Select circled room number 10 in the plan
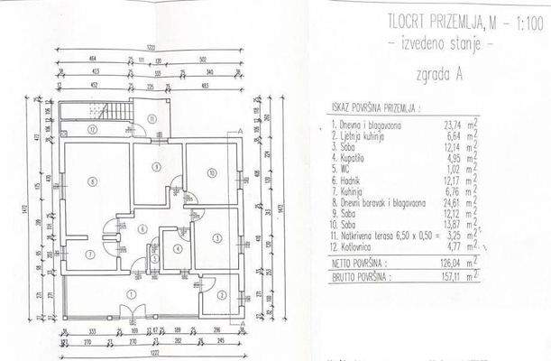point(209,172)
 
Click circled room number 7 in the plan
point(88,254)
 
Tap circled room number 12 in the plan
point(93,129)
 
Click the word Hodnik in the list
point(351,180)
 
